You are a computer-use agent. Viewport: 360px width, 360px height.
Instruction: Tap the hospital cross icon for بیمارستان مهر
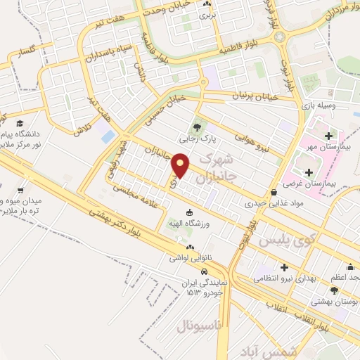click(x=328, y=134)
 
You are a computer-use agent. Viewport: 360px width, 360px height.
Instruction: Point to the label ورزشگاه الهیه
click(x=188, y=223)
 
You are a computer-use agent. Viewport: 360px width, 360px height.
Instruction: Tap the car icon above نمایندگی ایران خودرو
click(x=204, y=271)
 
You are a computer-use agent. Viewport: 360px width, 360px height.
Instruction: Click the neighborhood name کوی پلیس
click(x=284, y=240)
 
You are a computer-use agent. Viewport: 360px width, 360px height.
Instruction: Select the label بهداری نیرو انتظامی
click(x=284, y=279)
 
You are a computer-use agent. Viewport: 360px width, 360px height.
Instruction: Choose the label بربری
click(x=206, y=13)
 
